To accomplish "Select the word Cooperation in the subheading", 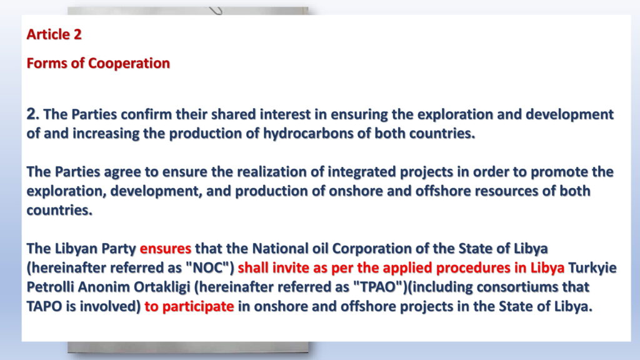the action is point(129,63).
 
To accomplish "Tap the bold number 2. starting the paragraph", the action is point(32,114).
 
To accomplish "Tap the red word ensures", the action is point(165,249).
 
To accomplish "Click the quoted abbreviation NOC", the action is point(210,267).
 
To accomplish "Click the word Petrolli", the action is point(50,287).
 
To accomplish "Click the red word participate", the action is point(198,306).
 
